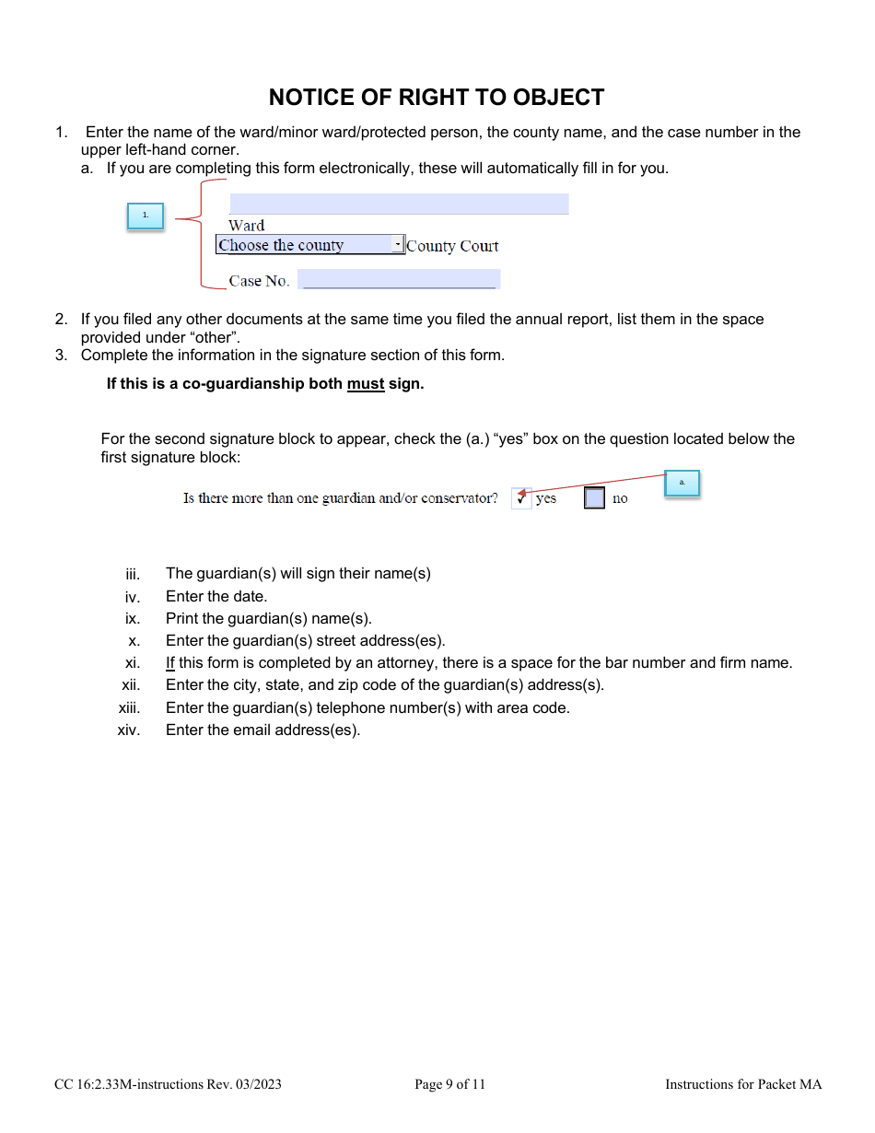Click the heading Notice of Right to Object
(x=437, y=98)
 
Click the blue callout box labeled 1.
(x=145, y=216)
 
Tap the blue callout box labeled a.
(x=682, y=483)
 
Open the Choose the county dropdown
(x=304, y=245)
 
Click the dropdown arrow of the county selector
(x=398, y=245)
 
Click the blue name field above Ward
(x=398, y=204)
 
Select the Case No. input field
(x=399, y=279)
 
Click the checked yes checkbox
(x=521, y=498)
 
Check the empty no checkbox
(x=595, y=498)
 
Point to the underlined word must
(x=366, y=384)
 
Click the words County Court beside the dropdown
(x=452, y=246)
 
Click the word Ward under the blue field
(x=247, y=226)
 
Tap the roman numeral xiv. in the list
(x=129, y=731)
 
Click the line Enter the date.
(x=216, y=596)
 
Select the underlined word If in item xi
(x=170, y=663)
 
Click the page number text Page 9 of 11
(x=449, y=1084)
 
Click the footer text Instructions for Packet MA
(x=743, y=1084)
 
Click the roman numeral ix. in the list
(x=133, y=619)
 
